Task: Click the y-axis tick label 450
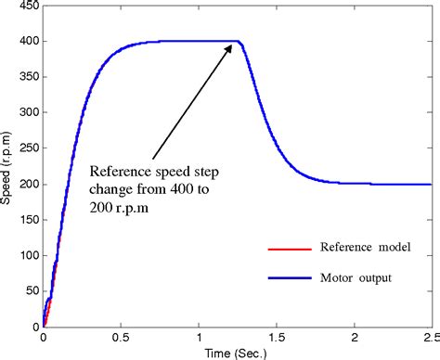(26, 6)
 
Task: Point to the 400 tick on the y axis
(26, 42)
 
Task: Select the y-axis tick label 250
(26, 148)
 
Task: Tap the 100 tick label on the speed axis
(26, 255)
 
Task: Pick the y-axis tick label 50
(29, 291)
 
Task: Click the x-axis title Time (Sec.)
(237, 353)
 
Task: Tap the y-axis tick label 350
(26, 77)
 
